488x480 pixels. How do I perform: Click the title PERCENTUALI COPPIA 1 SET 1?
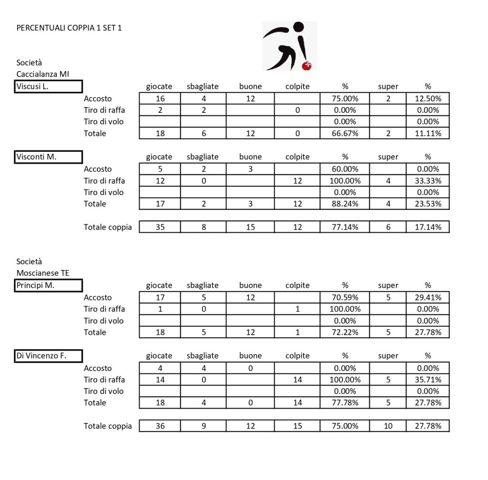pyautogui.click(x=69, y=28)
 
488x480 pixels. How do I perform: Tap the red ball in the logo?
pyautogui.click(x=307, y=66)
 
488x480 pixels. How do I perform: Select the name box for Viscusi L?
pyautogui.click(x=49, y=87)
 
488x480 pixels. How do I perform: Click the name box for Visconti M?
pyautogui.click(x=49, y=157)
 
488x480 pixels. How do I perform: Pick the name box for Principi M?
pyautogui.click(x=49, y=286)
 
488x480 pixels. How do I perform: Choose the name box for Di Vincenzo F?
pyautogui.click(x=49, y=356)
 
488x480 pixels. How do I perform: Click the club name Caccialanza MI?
pyautogui.click(x=42, y=74)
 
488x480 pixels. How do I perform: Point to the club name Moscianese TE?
pyautogui.click(x=42, y=273)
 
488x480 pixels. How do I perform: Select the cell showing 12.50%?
pyautogui.click(x=428, y=99)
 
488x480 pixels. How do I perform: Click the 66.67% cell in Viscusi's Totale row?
pyautogui.click(x=345, y=133)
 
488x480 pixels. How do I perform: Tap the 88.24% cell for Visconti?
pyautogui.click(x=345, y=204)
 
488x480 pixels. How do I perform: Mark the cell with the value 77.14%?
pyautogui.click(x=345, y=227)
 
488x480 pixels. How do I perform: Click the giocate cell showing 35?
pyautogui.click(x=160, y=227)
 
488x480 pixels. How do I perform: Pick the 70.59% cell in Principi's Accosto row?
pyautogui.click(x=345, y=298)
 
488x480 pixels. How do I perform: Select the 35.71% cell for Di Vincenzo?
pyautogui.click(x=428, y=380)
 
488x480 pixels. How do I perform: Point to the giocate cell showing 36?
pyautogui.click(x=160, y=426)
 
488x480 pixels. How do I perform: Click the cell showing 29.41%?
pyautogui.click(x=428, y=298)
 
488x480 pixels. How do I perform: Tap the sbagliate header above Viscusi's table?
pyautogui.click(x=203, y=87)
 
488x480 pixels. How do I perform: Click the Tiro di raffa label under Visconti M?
pyautogui.click(x=104, y=181)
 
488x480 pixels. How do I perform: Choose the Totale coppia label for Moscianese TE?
pyautogui.click(x=108, y=426)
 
